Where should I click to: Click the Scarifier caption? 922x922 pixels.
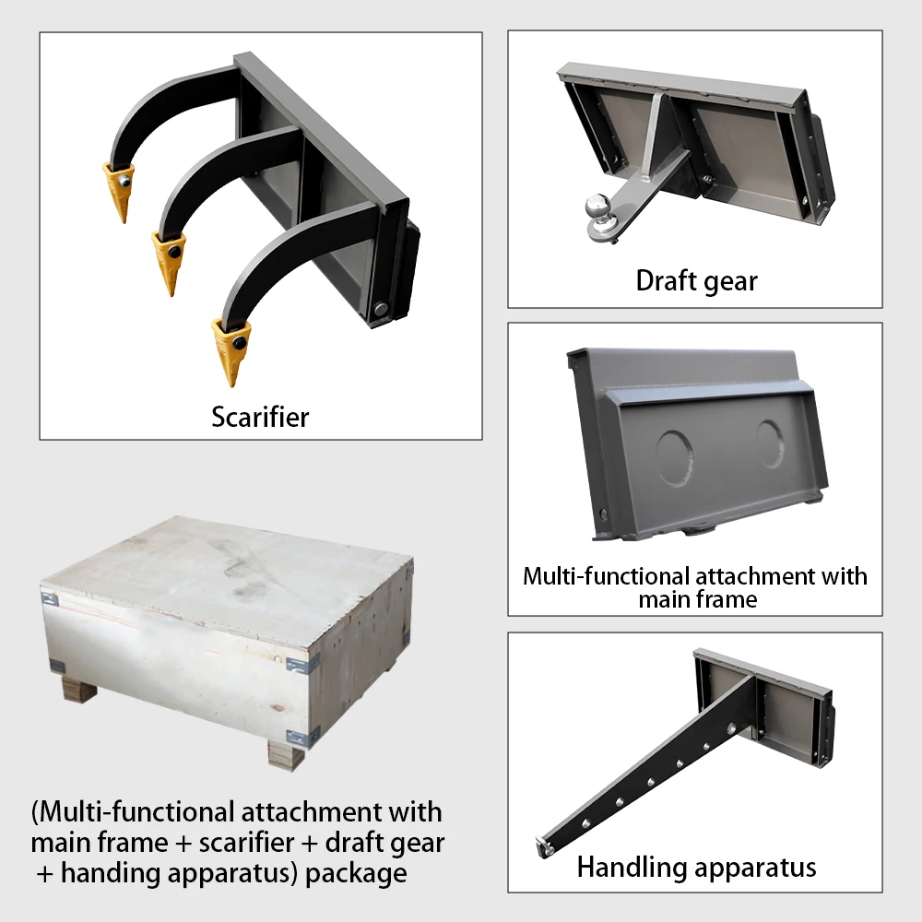[260, 417]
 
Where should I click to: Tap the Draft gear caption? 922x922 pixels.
[696, 280]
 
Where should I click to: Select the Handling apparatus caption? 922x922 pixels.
[696, 867]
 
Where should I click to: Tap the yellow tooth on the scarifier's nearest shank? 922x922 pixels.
[231, 349]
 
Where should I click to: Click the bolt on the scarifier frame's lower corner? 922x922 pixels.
[381, 308]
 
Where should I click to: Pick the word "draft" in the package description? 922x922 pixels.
[352, 842]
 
